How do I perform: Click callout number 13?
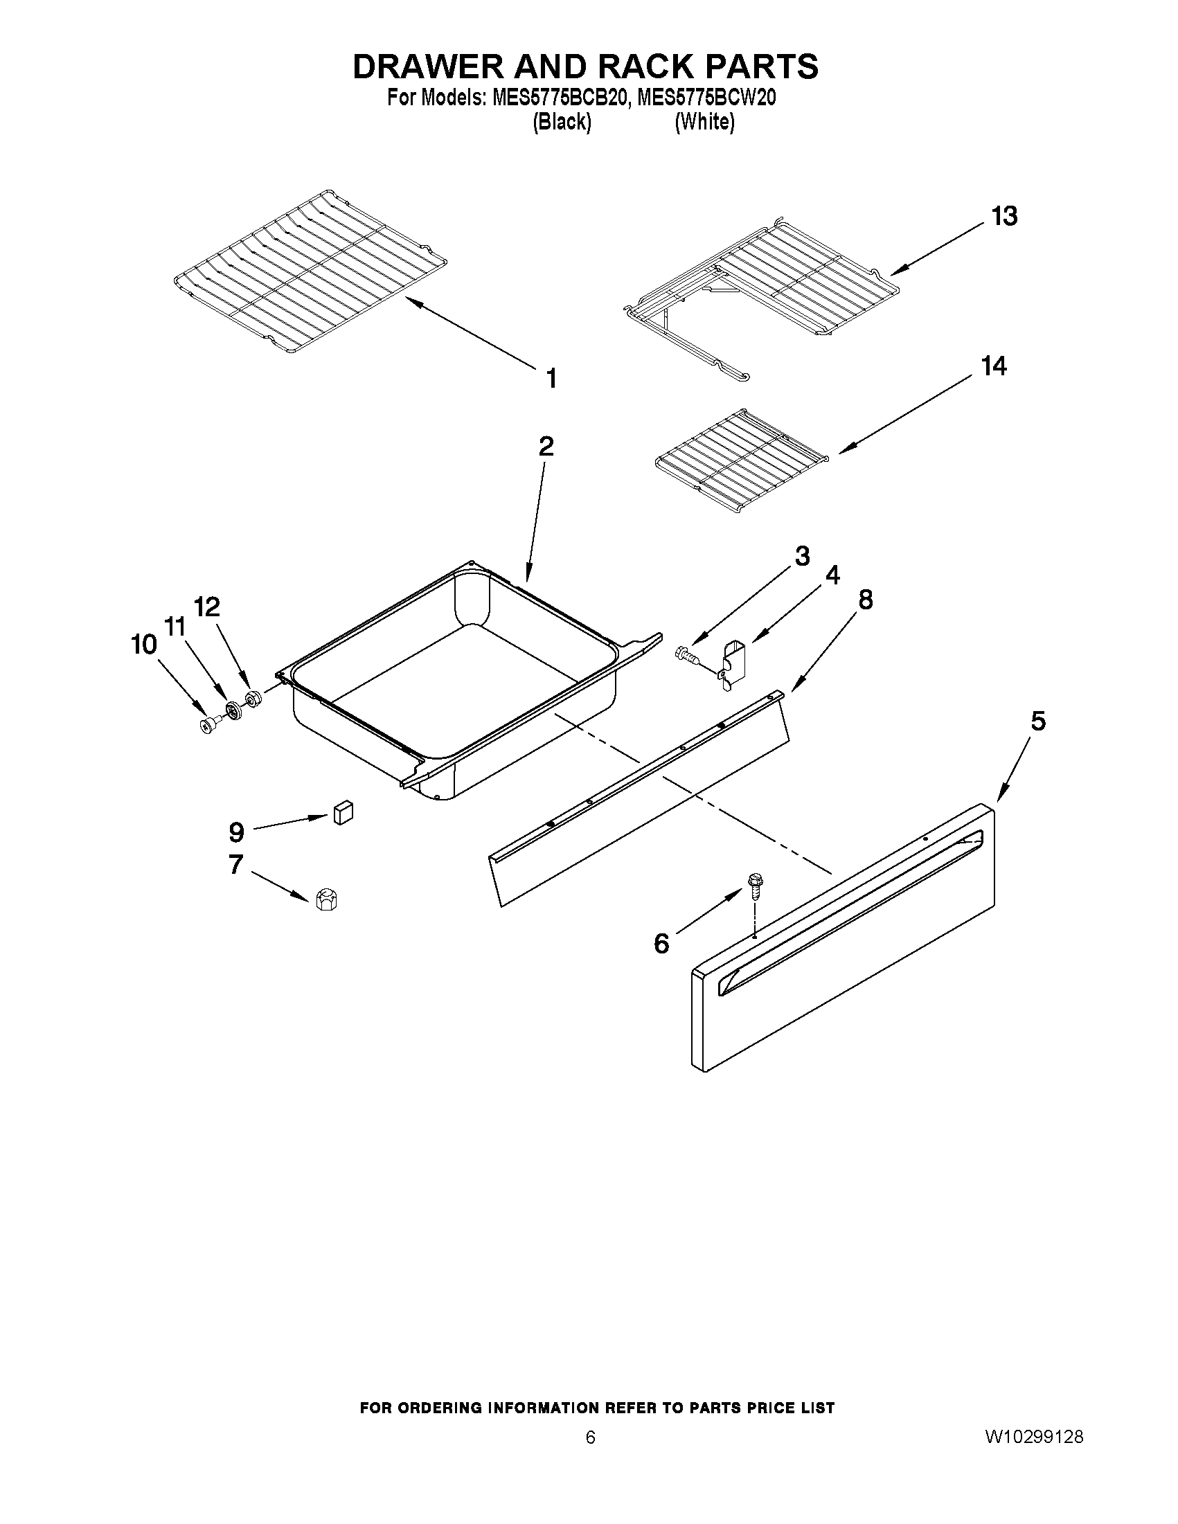pos(1004,216)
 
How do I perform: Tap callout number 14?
pos(994,366)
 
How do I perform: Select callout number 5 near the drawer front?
pos(1038,721)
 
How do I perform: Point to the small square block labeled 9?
pos(343,812)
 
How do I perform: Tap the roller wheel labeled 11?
pos(233,712)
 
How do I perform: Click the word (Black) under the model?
pos(562,123)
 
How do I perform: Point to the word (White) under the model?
pos(704,123)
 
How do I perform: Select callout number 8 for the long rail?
pos(865,600)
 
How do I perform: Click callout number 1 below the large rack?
pos(551,379)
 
